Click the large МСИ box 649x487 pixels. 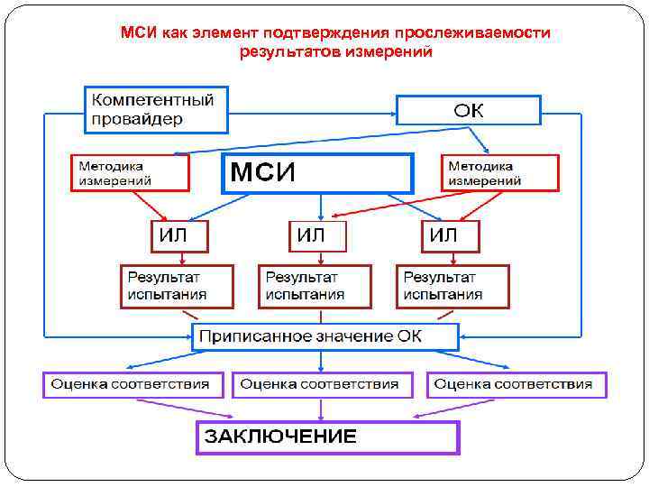[317, 173]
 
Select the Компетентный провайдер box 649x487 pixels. [157, 109]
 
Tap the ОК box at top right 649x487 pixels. [469, 110]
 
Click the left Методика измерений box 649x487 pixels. [130, 172]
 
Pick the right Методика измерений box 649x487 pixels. [499, 172]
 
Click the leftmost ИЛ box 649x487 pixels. [178, 236]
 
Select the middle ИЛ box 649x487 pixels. [318, 236]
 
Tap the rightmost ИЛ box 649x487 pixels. [451, 236]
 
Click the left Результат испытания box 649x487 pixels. [178, 286]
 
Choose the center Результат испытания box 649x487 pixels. [315, 286]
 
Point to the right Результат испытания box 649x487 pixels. [452, 286]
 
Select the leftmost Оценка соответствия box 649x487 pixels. [131, 384]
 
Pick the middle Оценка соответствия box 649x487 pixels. [322, 384]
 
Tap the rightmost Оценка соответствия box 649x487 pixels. [516, 384]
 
